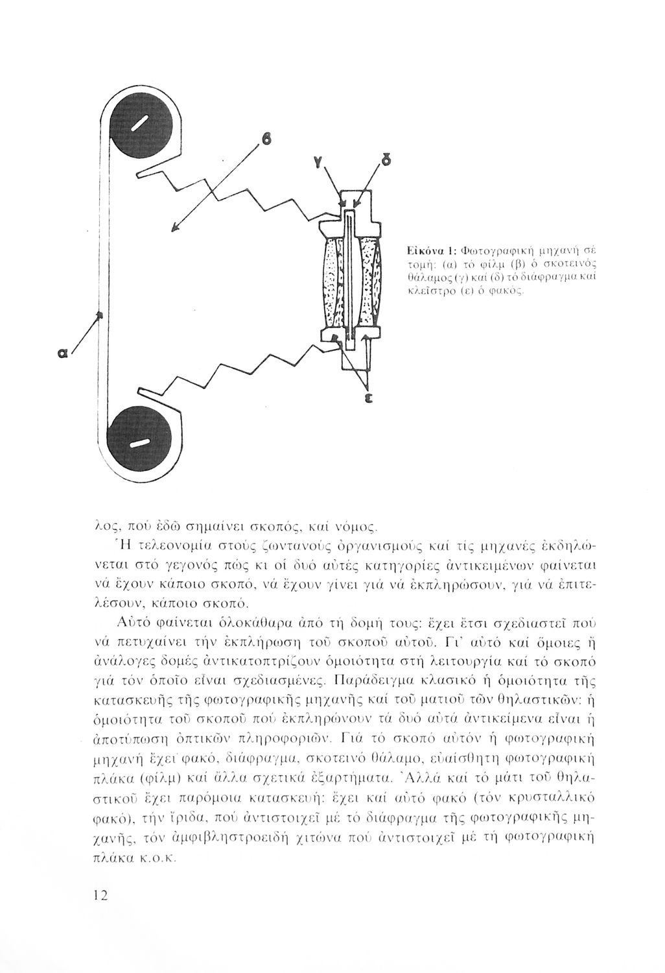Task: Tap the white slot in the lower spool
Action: click(137, 444)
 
